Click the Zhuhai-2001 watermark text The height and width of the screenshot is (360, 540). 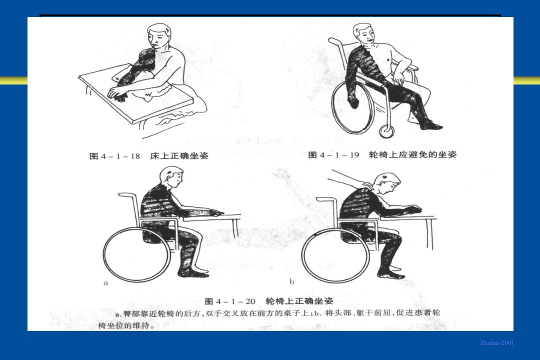pyautogui.click(x=496, y=343)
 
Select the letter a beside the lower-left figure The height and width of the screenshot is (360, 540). pyautogui.click(x=105, y=283)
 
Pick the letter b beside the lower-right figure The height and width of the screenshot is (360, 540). pyautogui.click(x=291, y=282)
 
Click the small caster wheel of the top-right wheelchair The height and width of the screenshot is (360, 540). pyautogui.click(x=387, y=131)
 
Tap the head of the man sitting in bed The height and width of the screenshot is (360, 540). pyautogui.click(x=159, y=35)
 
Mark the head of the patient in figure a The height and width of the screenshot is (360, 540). pyautogui.click(x=172, y=177)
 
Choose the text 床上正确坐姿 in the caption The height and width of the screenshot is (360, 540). pyautogui.click(x=179, y=156)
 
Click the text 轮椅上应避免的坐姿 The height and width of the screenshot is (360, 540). pyautogui.click(x=412, y=154)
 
